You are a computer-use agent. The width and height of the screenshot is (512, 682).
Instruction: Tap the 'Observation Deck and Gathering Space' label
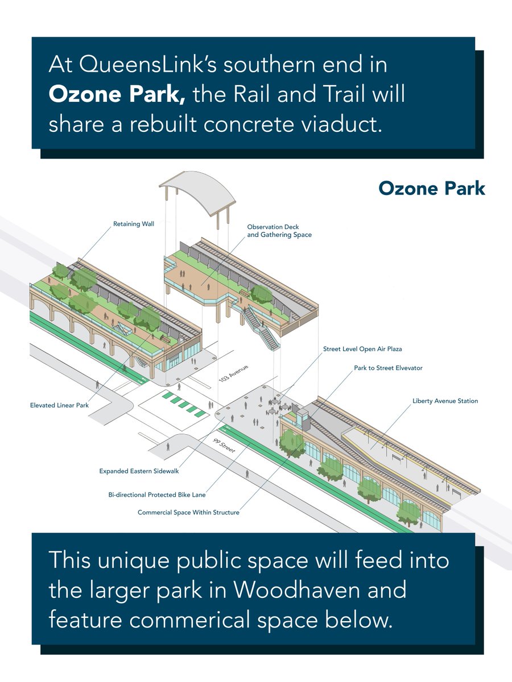pyautogui.click(x=279, y=231)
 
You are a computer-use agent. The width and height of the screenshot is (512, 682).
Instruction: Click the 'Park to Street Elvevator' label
pyautogui.click(x=388, y=368)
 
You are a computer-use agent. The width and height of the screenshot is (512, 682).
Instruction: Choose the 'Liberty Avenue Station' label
pyautogui.click(x=445, y=401)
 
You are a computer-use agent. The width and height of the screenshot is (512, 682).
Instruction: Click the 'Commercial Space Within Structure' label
pyautogui.click(x=188, y=512)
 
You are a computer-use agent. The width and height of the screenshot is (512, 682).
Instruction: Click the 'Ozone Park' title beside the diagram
pyautogui.click(x=431, y=189)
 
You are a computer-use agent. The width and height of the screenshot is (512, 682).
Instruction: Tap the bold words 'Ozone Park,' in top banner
pyautogui.click(x=117, y=94)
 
